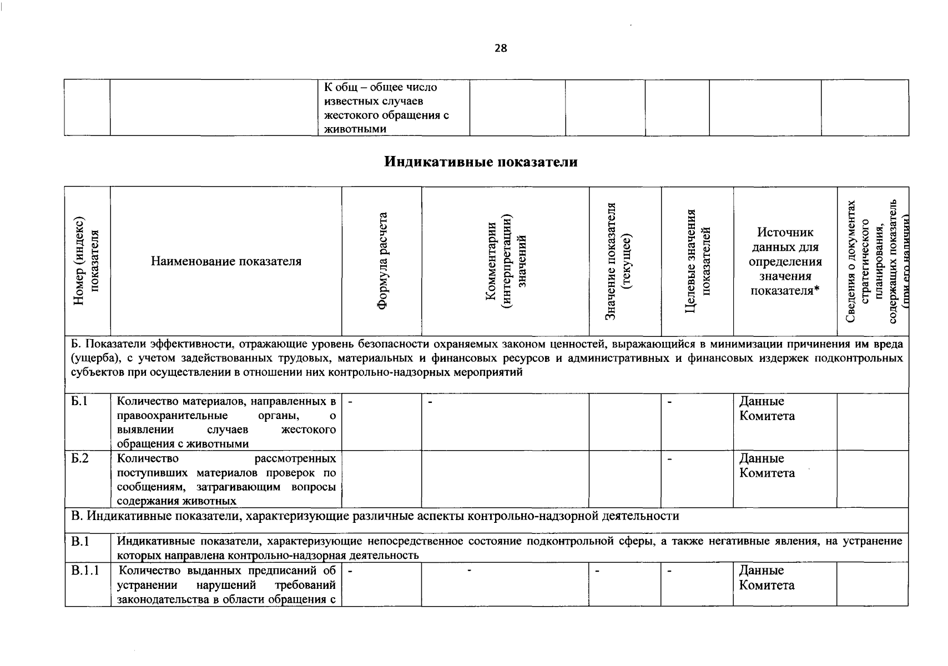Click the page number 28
501,48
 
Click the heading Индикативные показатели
481,162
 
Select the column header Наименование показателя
226,261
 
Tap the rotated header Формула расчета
382,261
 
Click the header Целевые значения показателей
697,261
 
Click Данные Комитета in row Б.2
767,466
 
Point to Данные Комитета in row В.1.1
767,578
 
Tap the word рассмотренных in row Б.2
295,458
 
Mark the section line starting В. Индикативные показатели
375,516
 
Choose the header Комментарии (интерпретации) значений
505,261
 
